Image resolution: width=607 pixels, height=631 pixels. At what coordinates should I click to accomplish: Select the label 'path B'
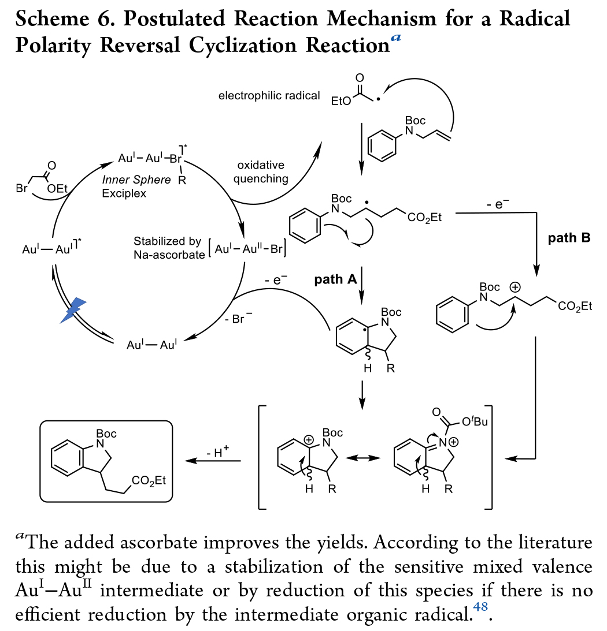(569, 237)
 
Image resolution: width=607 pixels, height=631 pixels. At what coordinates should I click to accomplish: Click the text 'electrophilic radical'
(269, 95)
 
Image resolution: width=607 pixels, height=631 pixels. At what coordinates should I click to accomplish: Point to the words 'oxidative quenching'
(261, 171)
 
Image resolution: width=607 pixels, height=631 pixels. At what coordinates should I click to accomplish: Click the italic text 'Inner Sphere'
(136, 180)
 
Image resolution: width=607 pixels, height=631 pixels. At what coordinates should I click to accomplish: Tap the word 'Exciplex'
(124, 193)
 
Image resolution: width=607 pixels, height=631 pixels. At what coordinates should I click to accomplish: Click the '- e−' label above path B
(498, 203)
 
